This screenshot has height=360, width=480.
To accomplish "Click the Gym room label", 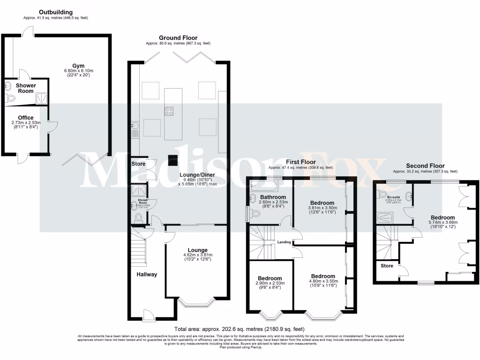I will [x=79, y=65].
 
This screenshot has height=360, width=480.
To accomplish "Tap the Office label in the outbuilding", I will [x=26, y=118].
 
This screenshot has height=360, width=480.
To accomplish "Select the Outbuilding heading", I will [x=56, y=12].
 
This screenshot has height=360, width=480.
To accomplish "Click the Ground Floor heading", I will [x=178, y=37].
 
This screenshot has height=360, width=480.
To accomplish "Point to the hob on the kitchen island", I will [x=169, y=111].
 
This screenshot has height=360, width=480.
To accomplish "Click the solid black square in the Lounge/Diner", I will [x=173, y=160].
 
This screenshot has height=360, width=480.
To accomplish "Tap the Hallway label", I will [x=147, y=274].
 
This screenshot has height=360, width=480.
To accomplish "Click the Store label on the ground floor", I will [x=138, y=164].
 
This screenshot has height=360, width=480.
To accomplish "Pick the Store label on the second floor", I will [x=387, y=266].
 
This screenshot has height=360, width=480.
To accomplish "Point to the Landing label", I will [x=284, y=242].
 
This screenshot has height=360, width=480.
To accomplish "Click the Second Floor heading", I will [x=425, y=165].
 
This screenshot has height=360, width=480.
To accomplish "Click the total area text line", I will [x=240, y=329].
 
